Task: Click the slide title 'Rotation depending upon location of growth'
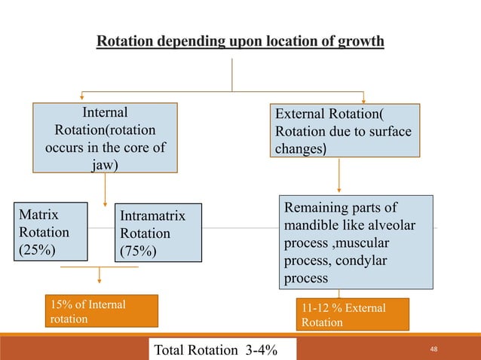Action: click(240, 39)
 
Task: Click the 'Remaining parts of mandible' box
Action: click(358, 243)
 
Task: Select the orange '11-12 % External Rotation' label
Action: click(354, 315)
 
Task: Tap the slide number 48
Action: click(433, 349)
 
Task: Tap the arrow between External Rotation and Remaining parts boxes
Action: click(339, 175)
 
